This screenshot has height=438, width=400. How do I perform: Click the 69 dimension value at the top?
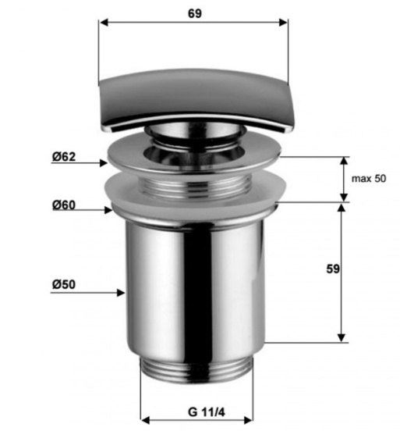point(195,13)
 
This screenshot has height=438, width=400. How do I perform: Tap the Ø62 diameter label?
point(64,157)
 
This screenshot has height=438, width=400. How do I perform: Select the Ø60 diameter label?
point(64,205)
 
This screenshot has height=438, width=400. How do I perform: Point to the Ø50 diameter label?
point(64,284)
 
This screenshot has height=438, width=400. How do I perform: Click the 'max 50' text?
point(369,178)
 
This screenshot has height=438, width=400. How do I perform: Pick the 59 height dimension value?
point(333,269)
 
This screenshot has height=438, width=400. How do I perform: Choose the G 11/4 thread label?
point(206,412)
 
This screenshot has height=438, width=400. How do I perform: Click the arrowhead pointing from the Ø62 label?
point(104,163)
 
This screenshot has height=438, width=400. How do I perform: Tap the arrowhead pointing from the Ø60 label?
point(108,210)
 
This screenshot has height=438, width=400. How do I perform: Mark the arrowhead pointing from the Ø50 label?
point(121,293)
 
